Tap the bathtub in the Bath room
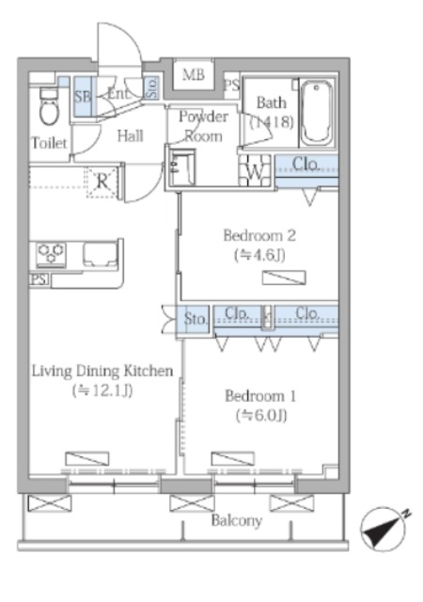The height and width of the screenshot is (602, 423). point(316,112)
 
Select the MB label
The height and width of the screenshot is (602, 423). point(193,74)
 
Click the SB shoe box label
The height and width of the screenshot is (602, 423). point(82,96)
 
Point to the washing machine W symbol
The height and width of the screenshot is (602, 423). point(255,170)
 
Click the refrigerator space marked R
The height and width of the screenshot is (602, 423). point(102,182)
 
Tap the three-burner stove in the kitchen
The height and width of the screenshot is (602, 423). point(51,254)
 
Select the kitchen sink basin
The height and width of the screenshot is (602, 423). point(100,254)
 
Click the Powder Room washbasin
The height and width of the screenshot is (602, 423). point(182,168)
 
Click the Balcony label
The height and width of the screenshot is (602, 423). point(237,520)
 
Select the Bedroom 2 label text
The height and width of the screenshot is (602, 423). point(259,235)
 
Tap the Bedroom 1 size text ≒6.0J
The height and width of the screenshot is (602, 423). point(261,416)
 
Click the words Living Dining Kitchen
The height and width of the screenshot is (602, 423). point(102,371)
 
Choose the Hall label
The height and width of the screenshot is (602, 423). point(130,135)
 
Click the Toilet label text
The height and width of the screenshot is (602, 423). point(49,143)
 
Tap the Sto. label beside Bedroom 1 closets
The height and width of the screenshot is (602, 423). point(196,319)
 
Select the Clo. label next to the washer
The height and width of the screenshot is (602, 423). point(305,164)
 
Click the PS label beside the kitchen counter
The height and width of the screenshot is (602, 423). point(39,279)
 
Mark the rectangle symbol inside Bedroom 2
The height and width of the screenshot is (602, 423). point(284,277)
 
